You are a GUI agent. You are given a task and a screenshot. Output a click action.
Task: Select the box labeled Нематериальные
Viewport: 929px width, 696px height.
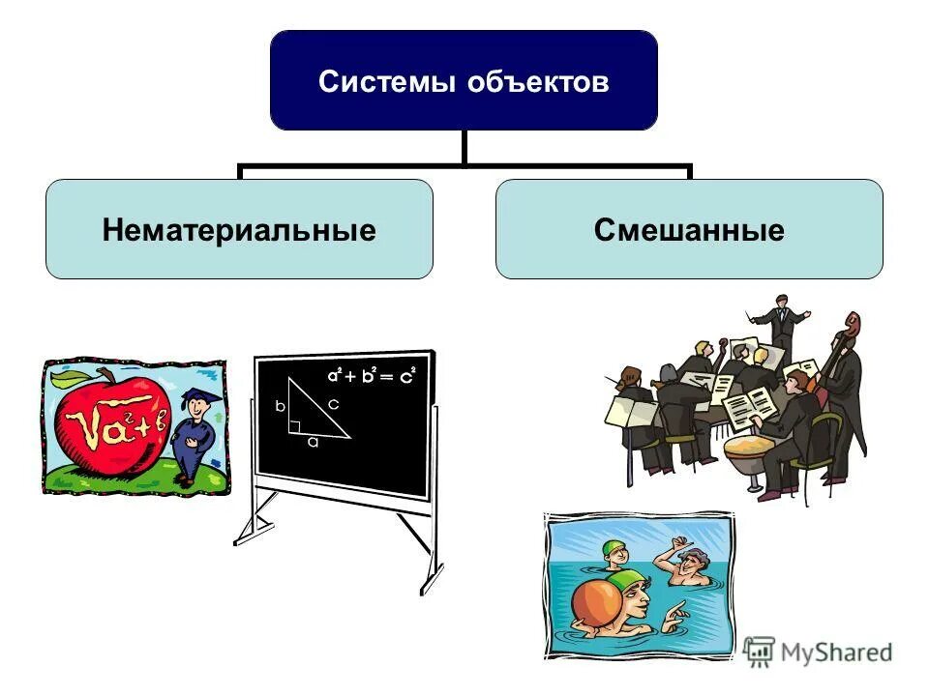pyautogui.click(x=239, y=229)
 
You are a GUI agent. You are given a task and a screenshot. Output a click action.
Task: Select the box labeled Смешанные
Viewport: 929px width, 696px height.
pyautogui.click(x=689, y=229)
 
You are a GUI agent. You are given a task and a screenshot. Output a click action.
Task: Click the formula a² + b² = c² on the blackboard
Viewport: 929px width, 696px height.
pyautogui.click(x=370, y=376)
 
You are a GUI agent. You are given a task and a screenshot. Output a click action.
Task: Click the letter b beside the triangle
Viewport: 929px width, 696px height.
pyautogui.click(x=280, y=407)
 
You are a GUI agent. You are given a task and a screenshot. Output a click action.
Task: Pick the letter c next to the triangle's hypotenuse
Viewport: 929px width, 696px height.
pyautogui.click(x=333, y=405)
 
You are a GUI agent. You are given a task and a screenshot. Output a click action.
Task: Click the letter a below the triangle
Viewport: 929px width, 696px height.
pyautogui.click(x=312, y=443)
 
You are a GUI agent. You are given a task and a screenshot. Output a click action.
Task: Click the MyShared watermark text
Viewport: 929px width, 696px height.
pyautogui.click(x=836, y=652)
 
